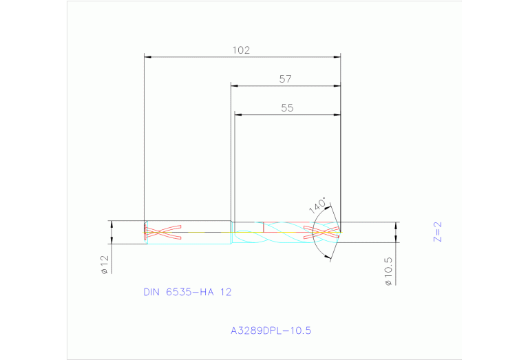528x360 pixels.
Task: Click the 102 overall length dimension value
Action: [241, 50]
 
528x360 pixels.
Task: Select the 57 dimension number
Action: [286, 79]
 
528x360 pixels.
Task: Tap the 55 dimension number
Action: [288, 108]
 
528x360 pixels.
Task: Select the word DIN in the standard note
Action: [151, 292]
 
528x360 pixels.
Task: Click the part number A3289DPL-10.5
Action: [271, 330]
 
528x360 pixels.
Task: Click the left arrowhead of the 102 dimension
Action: [147, 56]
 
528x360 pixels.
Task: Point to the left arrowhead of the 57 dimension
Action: [234, 86]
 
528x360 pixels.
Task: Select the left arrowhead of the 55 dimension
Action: [237, 114]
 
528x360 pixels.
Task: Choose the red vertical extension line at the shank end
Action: [144, 138]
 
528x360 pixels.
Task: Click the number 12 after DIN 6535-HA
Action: [226, 292]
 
